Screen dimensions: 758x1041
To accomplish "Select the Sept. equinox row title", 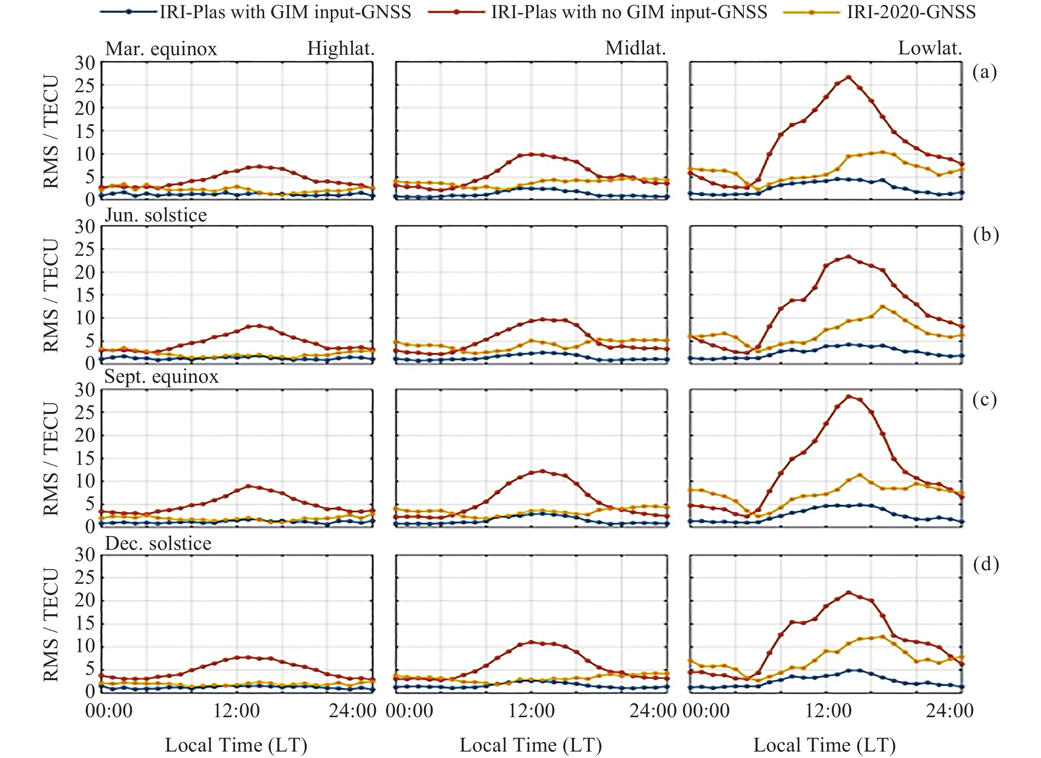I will tap(162, 376).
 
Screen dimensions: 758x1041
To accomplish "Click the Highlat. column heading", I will tap(341, 49).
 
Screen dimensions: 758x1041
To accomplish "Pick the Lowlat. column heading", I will tap(930, 48).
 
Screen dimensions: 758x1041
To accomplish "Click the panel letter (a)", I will tap(985, 72).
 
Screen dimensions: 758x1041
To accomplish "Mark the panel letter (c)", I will tap(985, 399).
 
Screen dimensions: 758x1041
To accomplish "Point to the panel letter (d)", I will tap(985, 564).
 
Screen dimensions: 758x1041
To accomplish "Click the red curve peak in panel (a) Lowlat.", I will tap(848, 77).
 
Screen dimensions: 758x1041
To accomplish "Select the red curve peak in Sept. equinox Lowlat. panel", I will tap(849, 397).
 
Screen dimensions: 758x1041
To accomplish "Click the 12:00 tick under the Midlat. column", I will tap(531, 711).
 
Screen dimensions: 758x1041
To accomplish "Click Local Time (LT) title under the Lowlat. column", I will tap(824, 745).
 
